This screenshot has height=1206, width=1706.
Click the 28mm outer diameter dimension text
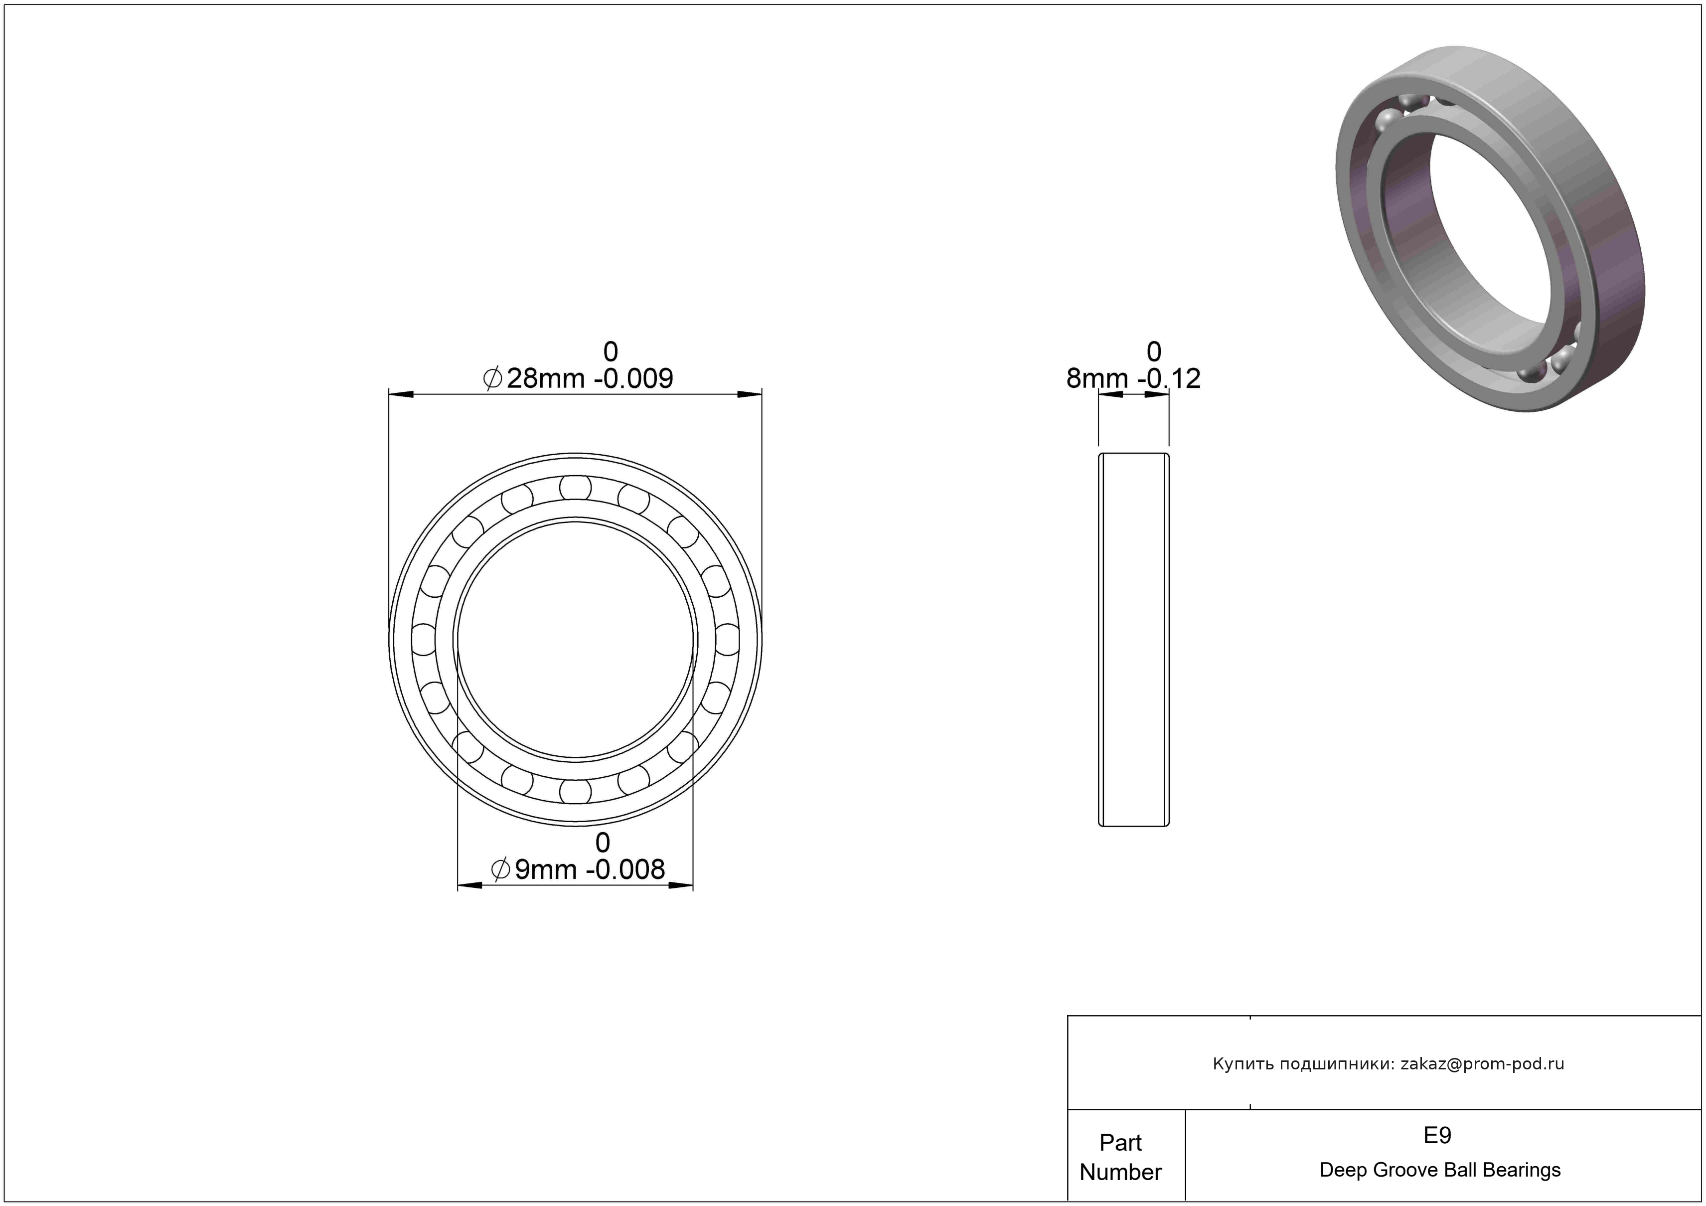tap(578, 378)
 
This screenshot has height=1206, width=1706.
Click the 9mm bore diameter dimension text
tap(578, 868)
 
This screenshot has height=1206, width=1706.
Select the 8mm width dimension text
tap(1133, 378)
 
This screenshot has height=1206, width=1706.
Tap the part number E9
tap(1437, 1135)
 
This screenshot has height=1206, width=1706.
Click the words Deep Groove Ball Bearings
tap(1440, 1170)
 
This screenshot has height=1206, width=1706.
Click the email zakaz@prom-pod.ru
tap(1482, 1063)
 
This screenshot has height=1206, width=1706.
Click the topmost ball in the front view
tap(575, 488)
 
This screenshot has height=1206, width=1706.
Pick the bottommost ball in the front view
tap(575, 791)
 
